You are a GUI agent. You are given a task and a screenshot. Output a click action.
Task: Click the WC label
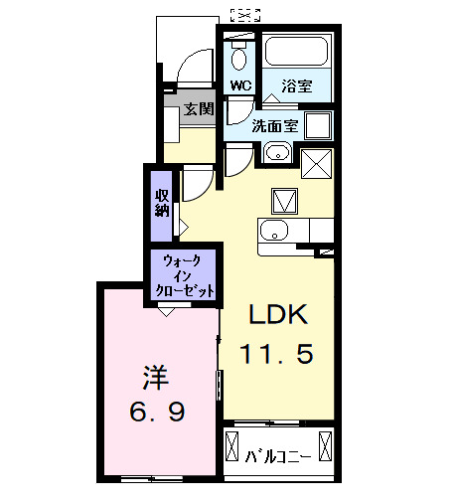[240, 85]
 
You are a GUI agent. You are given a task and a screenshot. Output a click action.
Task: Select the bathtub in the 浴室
[297, 54]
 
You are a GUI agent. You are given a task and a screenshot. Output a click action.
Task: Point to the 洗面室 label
[273, 126]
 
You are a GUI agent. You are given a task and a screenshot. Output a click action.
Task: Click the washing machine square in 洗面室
[318, 125]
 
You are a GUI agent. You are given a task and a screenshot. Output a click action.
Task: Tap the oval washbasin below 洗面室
[277, 153]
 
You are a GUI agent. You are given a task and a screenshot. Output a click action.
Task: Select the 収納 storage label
[161, 202]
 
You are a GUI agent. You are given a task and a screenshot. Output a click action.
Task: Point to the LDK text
[278, 316]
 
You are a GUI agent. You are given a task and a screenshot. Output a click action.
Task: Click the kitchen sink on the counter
[273, 232]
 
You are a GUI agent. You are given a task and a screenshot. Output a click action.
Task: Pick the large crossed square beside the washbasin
[317, 161]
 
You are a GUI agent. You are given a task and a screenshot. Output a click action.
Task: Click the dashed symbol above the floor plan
[244, 14]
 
